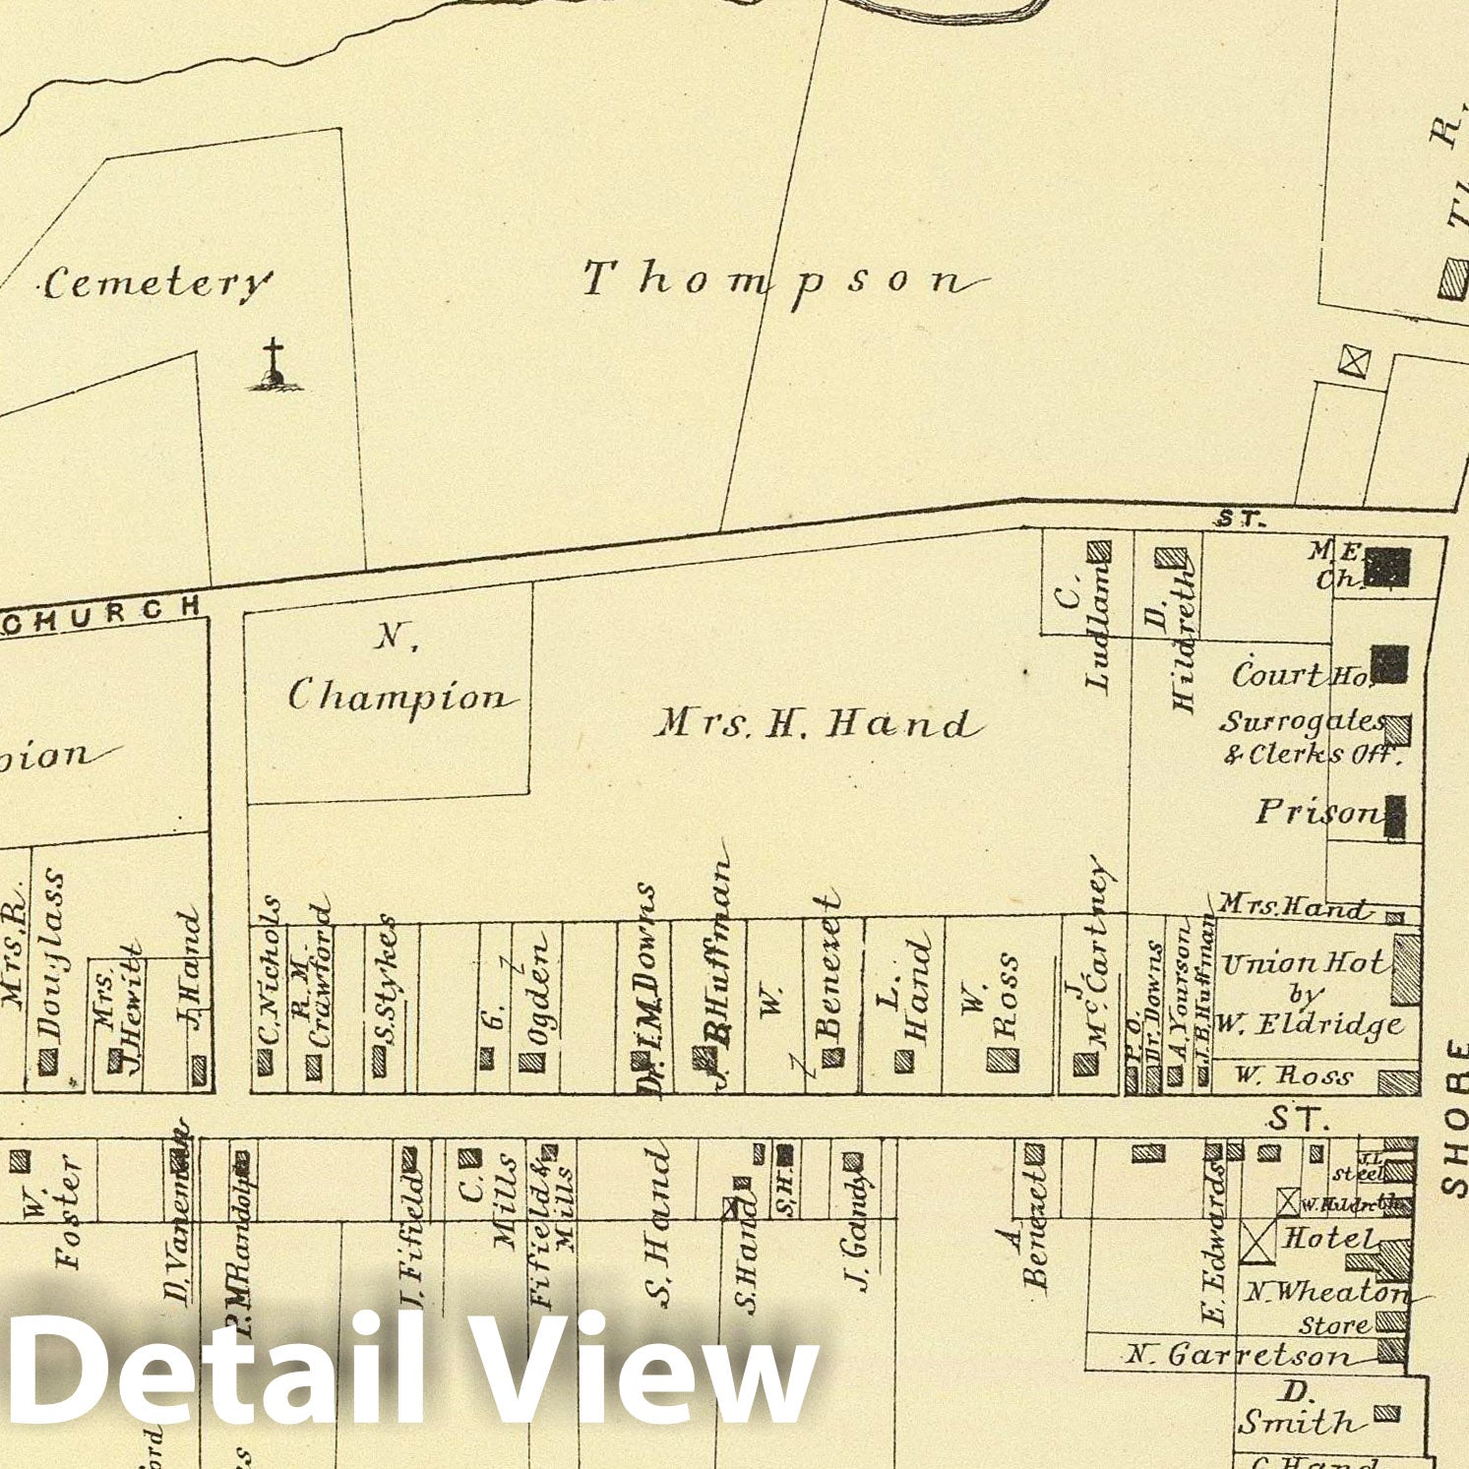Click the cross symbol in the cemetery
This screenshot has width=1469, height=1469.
[274, 364]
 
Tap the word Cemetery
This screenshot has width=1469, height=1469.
[155, 284]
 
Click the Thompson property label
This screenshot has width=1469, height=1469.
[782, 280]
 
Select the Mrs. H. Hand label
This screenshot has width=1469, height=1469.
[819, 724]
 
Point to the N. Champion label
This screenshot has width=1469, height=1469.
[399, 679]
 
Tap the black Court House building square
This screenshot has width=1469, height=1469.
[1389, 664]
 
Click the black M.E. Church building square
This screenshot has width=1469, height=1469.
[1391, 567]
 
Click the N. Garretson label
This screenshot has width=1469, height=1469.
[1238, 1356]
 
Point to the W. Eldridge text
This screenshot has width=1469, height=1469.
[1309, 1023]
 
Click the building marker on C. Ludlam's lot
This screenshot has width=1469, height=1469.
[1099, 551]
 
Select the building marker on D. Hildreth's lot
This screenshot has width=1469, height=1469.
[1170, 558]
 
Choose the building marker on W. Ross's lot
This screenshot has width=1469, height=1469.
[1003, 1060]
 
